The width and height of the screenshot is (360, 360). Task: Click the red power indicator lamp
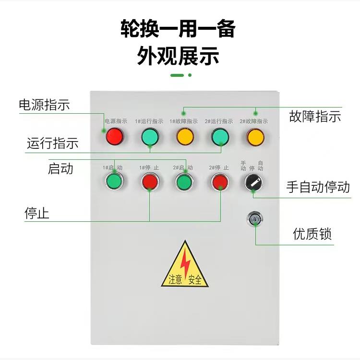[114, 136]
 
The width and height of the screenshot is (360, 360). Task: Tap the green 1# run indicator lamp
[150, 137]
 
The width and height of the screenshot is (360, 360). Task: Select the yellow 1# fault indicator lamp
[185, 136]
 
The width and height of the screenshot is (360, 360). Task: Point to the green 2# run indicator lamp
[220, 137]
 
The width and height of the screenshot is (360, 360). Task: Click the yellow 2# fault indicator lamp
[255, 136]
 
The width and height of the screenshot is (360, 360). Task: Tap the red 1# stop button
[149, 181]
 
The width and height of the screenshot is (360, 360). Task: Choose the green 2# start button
[183, 181]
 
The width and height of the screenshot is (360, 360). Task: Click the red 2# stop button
[219, 181]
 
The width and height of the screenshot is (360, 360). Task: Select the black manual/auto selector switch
[253, 182]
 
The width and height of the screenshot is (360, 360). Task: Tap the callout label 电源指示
[44, 105]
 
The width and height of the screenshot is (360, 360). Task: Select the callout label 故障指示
[315, 116]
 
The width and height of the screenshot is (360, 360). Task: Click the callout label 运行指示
[52, 143]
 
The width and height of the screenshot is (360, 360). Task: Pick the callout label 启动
[60, 168]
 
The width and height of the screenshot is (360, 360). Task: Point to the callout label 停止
[37, 213]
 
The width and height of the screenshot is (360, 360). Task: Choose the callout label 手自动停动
[318, 187]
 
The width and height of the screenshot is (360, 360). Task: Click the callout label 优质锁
[312, 234]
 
